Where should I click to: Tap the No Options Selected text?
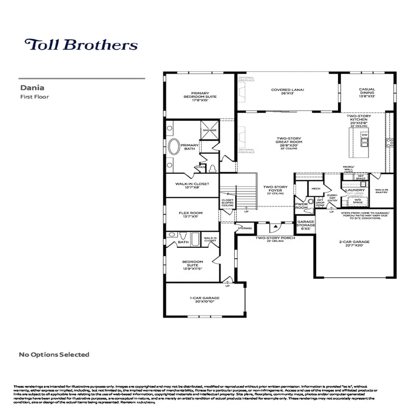tap(54, 354)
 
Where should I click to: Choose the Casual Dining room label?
tap(366, 92)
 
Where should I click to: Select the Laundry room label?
tap(355, 190)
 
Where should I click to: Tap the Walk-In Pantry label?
tap(382, 191)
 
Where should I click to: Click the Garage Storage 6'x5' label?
tap(306, 225)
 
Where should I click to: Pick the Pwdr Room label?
tap(301, 205)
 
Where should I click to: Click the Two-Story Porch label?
tap(275, 239)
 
